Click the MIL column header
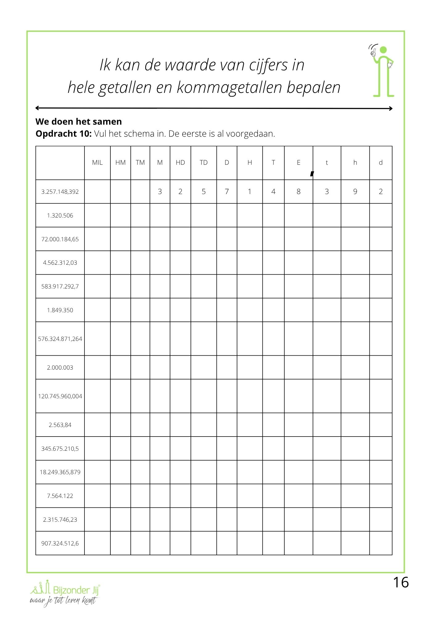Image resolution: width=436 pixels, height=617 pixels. pyautogui.click(x=97, y=163)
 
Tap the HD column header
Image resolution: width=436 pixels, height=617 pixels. pyautogui.click(x=180, y=163)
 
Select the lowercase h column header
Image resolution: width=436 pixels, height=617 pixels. pyautogui.click(x=355, y=163)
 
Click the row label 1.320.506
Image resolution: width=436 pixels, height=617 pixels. pyautogui.click(x=60, y=216)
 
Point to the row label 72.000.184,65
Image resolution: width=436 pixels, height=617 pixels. pyautogui.click(x=60, y=239)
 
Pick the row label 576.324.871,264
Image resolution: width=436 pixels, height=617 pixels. pyautogui.click(x=60, y=339)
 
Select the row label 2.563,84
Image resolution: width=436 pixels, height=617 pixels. pyautogui.click(x=60, y=425)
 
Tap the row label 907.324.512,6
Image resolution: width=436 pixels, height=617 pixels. pyautogui.click(x=60, y=543)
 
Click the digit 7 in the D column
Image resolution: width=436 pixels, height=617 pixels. pyautogui.click(x=227, y=192)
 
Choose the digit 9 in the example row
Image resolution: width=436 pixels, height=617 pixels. pyautogui.click(x=355, y=192)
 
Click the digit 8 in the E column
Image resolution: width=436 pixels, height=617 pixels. pyautogui.click(x=298, y=192)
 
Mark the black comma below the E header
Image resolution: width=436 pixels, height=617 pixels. pyautogui.click(x=312, y=174)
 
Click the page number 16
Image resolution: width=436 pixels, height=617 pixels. pyautogui.click(x=401, y=582)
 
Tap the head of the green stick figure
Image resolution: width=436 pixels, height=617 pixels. pyautogui.click(x=383, y=50)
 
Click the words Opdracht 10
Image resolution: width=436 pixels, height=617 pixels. pyautogui.click(x=64, y=134)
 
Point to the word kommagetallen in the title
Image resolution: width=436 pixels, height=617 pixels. pyautogui.click(x=229, y=87)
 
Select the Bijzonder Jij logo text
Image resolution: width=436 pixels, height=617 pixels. pyautogui.click(x=76, y=590)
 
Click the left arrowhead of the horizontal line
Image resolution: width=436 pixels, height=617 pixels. pyautogui.click(x=37, y=108)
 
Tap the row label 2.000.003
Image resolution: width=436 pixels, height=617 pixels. pyautogui.click(x=60, y=367)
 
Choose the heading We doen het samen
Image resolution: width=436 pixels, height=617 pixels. pyautogui.click(x=79, y=122)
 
